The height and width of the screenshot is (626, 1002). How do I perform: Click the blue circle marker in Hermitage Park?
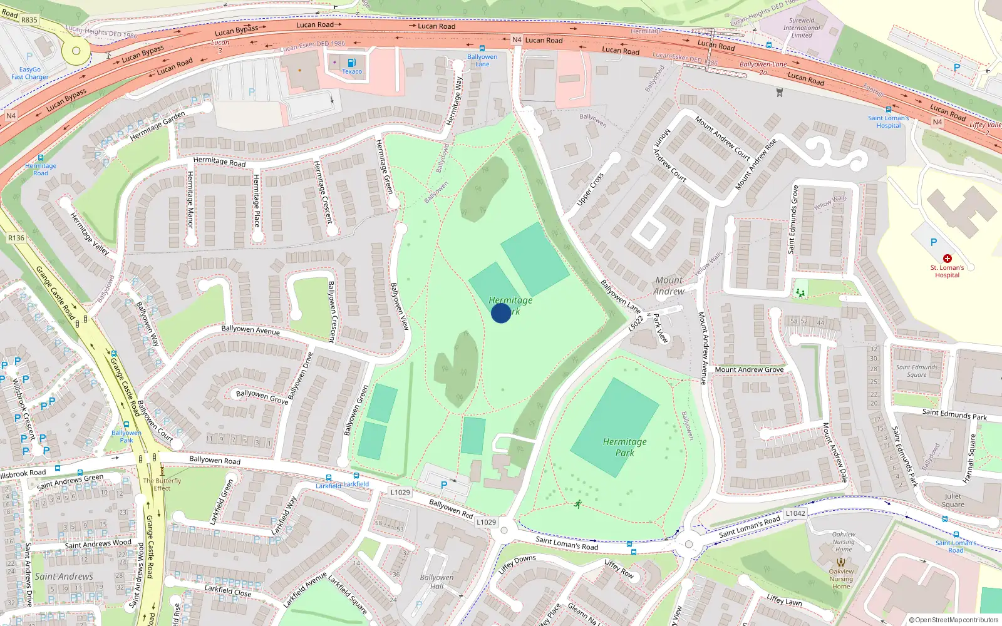(500, 312)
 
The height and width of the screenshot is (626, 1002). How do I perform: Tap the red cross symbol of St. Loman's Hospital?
(947, 258)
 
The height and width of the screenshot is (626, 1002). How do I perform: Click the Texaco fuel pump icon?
(351, 63)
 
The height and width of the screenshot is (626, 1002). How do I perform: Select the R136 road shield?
(16, 238)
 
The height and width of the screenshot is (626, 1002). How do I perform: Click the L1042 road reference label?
(795, 513)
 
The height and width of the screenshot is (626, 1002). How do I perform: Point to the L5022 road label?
(636, 324)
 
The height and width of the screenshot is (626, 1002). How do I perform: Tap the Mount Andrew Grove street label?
(749, 369)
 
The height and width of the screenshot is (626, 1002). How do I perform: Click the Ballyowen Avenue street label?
(250, 329)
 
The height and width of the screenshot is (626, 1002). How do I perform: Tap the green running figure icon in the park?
(577, 503)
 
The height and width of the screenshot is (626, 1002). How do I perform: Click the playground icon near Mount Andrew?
(800, 292)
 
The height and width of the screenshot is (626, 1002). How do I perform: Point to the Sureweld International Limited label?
(802, 28)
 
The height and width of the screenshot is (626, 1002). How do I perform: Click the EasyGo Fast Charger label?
(29, 73)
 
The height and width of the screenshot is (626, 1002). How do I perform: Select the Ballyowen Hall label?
(436, 582)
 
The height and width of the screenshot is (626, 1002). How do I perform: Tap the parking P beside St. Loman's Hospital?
(933, 242)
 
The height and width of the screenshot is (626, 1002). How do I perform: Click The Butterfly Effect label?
(162, 485)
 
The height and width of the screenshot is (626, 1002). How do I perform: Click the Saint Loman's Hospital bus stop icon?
(888, 109)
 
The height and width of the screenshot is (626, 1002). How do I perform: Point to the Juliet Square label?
(953, 500)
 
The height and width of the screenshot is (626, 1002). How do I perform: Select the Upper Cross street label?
(590, 189)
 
